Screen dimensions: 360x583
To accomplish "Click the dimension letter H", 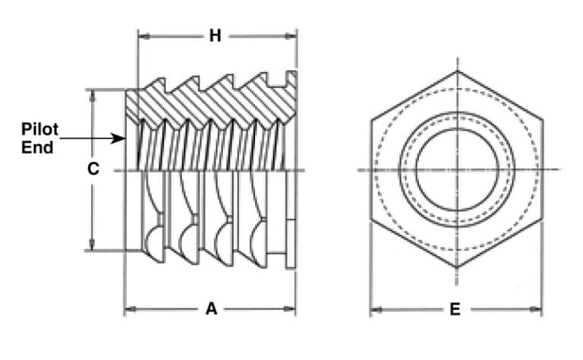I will pyautogui.click(x=216, y=36).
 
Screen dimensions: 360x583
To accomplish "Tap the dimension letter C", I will pyautogui.click(x=93, y=169).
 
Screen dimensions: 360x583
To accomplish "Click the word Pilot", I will pyautogui.click(x=40, y=131).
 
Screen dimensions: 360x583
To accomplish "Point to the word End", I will pyautogui.click(x=37, y=147).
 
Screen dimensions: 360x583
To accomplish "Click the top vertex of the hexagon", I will pyautogui.click(x=457, y=71).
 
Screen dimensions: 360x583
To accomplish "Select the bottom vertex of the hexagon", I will pyautogui.click(x=457, y=267).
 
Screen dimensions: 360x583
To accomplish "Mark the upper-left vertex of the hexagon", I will pyautogui.click(x=371, y=120).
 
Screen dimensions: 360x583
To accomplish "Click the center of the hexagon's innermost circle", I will pyautogui.click(x=457, y=169).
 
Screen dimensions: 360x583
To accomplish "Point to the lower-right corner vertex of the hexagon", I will pyautogui.click(x=542, y=219).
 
